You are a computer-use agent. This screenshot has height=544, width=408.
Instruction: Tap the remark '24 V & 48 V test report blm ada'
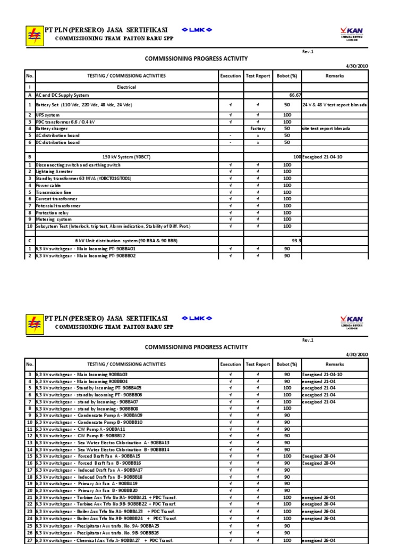point(335,105)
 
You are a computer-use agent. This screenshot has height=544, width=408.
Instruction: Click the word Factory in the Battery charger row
point(257,129)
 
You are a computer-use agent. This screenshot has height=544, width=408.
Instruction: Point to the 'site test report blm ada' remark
point(325,129)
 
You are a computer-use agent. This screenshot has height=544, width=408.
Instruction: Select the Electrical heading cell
point(126,87)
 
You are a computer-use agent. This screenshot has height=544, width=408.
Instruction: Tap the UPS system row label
point(47,115)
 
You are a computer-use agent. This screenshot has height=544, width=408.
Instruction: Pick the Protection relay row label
point(53,212)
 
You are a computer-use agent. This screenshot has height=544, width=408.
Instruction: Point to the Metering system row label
point(53,219)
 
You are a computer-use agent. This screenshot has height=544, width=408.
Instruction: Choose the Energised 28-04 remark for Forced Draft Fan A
point(318,456)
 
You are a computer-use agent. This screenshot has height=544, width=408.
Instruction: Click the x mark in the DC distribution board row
point(257,142)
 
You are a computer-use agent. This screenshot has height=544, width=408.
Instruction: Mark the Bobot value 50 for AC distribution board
point(287,135)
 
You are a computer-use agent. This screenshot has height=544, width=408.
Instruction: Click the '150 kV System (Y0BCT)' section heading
point(126,158)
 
